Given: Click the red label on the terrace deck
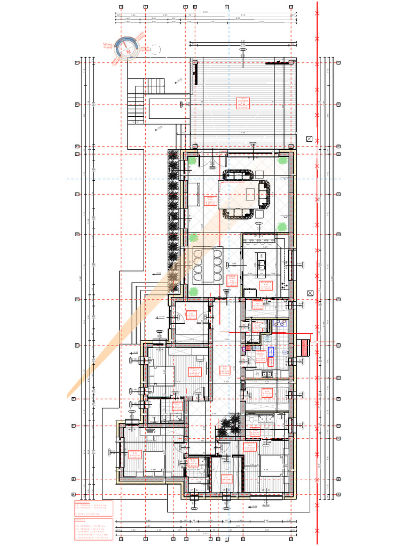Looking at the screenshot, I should coord(243,103).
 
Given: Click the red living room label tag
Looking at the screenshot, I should coord(210,201).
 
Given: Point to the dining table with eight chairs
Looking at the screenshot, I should coord(207,265).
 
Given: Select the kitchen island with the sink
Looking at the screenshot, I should coord(262,264).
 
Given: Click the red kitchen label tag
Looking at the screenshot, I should coord(265,286).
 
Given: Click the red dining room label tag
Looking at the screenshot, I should coord(232,280).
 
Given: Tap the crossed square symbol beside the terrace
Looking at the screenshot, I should coord(309,139).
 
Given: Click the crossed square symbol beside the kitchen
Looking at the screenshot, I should coord(310,293).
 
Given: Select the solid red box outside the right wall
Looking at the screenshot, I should coord(304,348).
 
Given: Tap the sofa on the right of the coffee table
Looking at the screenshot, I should coord(264,194).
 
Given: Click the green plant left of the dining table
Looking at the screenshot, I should coord(192,238).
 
